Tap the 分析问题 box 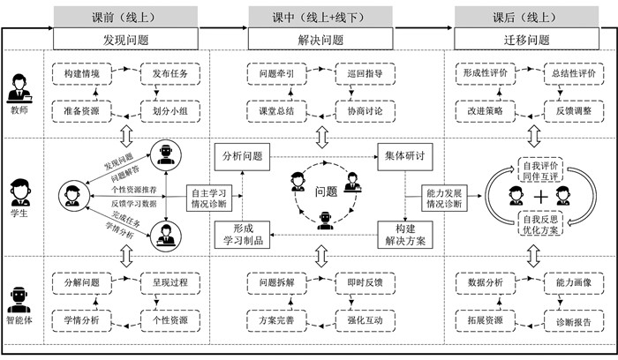[x=241, y=156]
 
